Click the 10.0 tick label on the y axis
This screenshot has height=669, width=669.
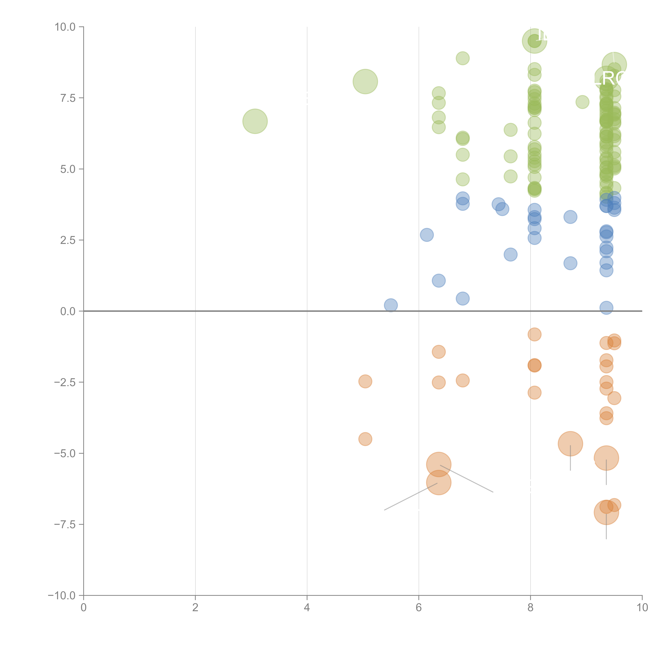click(x=65, y=27)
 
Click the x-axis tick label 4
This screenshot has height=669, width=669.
click(x=307, y=608)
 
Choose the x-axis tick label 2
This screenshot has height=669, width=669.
click(x=195, y=608)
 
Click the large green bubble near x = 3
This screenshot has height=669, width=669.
click(x=255, y=121)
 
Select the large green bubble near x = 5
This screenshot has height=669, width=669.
click(x=365, y=81)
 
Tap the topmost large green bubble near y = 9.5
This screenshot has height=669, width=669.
click(x=534, y=41)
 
